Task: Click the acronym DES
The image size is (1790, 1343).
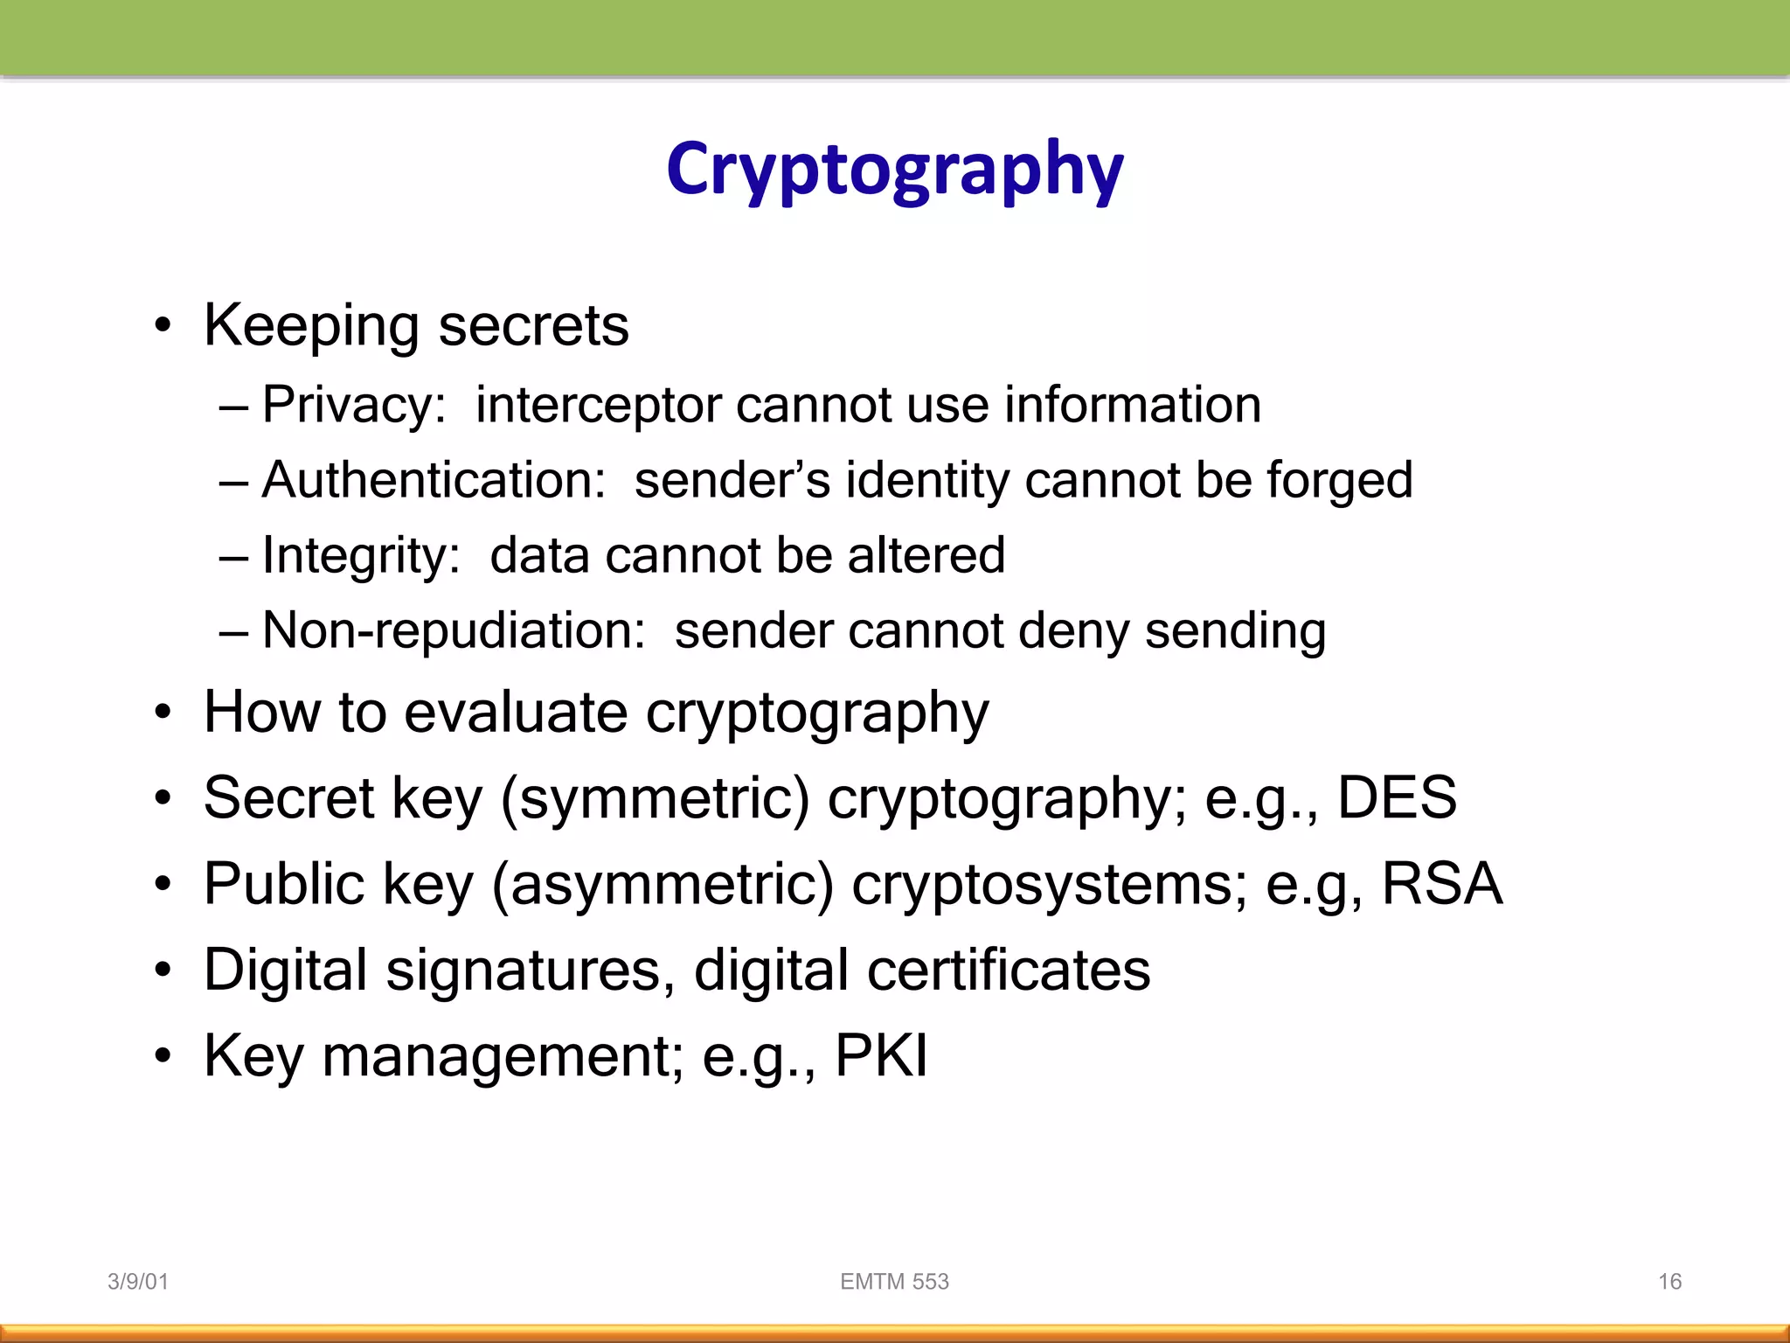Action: point(1397,797)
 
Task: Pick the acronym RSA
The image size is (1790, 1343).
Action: point(1441,883)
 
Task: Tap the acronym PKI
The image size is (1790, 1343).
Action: point(881,1055)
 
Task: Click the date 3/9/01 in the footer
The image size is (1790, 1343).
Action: point(137,1282)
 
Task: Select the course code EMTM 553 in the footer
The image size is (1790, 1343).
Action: point(894,1282)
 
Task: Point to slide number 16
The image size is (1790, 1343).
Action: point(1669,1282)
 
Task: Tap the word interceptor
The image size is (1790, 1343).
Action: point(598,406)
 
